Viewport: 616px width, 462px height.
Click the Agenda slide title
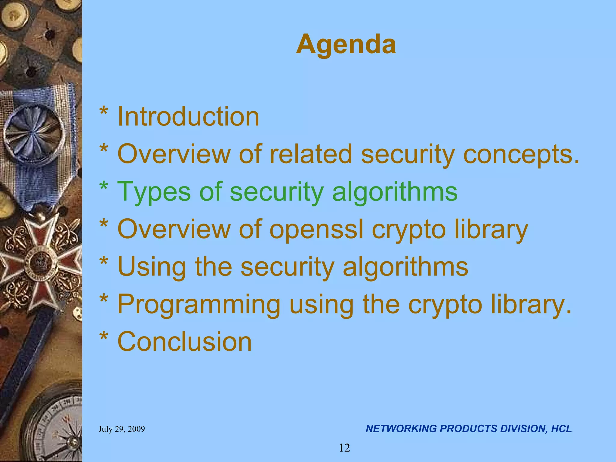346,45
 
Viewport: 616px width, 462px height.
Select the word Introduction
188,117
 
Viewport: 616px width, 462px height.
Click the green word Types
153,192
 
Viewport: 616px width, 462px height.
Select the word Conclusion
184,342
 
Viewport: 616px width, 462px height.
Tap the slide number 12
344,448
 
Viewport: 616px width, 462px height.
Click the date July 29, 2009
122,429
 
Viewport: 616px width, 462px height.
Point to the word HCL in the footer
561,429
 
